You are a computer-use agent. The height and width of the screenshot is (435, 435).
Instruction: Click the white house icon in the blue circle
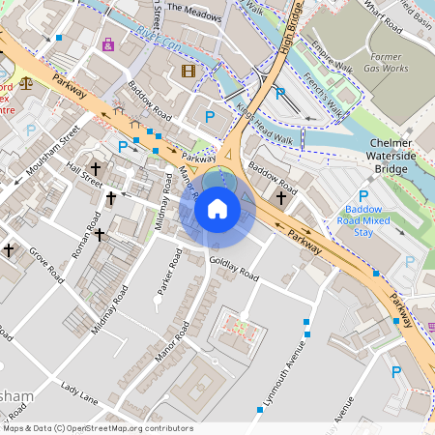(217, 209)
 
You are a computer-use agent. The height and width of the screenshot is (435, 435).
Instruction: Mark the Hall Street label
(84, 174)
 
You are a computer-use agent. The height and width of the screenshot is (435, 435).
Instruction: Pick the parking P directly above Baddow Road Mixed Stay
(364, 193)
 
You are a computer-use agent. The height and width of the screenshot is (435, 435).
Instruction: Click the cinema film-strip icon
(188, 71)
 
